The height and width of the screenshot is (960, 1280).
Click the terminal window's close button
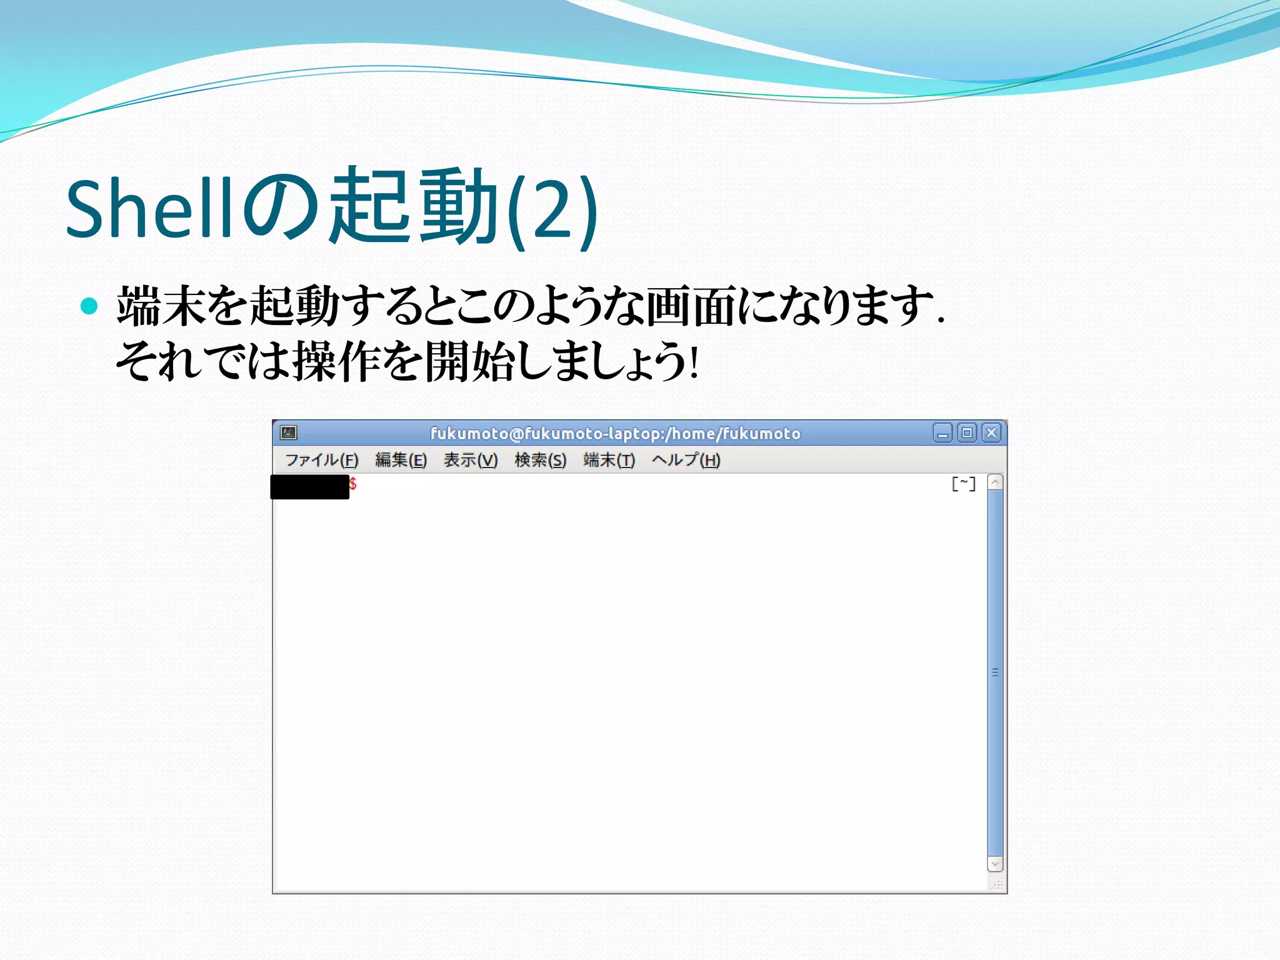tap(991, 432)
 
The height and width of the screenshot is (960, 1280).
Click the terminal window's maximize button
tap(967, 432)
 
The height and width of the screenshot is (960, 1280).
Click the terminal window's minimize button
tap(942, 433)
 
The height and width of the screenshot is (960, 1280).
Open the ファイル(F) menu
tap(321, 460)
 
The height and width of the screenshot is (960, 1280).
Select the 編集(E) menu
tap(401, 460)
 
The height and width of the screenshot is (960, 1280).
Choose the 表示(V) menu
tap(470, 460)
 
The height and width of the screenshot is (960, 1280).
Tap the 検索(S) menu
tap(540, 460)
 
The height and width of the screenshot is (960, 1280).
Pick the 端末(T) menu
tap(609, 460)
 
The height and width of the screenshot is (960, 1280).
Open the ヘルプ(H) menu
tap(686, 460)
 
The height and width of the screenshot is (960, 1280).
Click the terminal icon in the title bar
tap(288, 432)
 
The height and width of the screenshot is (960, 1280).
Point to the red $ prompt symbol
tap(353, 484)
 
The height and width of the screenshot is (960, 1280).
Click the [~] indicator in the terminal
tap(963, 484)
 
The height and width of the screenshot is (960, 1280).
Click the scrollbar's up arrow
tap(995, 482)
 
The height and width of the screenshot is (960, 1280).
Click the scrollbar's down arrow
tap(995, 864)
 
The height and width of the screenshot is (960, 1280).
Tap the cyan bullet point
tap(89, 306)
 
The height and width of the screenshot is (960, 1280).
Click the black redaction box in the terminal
tap(309, 487)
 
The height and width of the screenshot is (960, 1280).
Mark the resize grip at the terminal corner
tap(997, 884)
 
